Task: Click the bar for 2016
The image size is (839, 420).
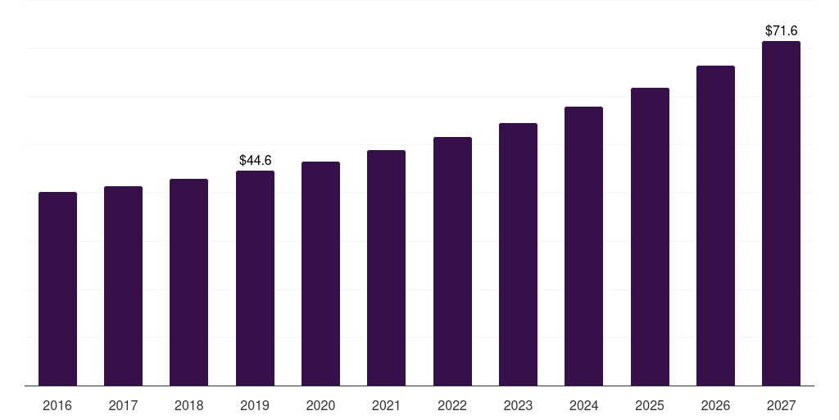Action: [x=58, y=289]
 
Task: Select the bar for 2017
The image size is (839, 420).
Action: [x=123, y=286]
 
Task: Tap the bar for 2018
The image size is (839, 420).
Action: [x=189, y=282]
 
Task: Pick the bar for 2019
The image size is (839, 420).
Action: [x=256, y=278]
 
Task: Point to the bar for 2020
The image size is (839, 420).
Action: [x=320, y=274]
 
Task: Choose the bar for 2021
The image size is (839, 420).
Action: [x=387, y=268]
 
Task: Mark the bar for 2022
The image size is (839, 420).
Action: [x=452, y=262]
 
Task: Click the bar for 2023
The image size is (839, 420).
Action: [x=518, y=254]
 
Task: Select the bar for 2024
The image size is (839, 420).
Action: [x=583, y=246]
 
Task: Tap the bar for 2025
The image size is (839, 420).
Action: [x=650, y=237]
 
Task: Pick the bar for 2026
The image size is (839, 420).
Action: [x=715, y=226]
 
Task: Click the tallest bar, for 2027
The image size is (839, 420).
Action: [x=781, y=213]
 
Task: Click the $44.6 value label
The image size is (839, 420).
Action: [x=256, y=160]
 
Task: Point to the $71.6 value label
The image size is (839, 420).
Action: [x=781, y=30]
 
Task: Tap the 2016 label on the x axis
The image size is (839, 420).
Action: [x=57, y=405]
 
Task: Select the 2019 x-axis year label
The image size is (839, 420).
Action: [x=255, y=405]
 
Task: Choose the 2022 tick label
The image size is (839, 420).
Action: [x=452, y=405]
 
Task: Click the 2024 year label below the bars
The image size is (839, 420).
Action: [x=583, y=405]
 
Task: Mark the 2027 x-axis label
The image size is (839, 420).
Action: [x=781, y=405]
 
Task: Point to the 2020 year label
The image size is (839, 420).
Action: [x=320, y=405]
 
